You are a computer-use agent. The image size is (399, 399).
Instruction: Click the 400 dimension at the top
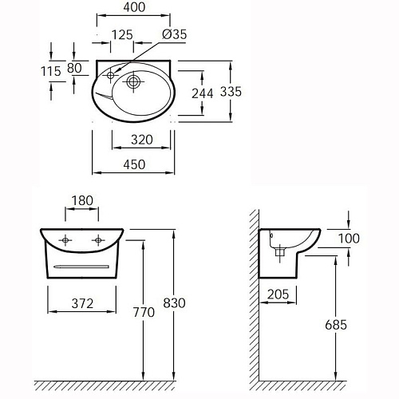pos(134,7)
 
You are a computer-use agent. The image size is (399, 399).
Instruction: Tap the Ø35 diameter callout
pos(175,34)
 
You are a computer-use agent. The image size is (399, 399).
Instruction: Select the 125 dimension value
pos(122,35)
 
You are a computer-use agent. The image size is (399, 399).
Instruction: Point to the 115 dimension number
pos(51,71)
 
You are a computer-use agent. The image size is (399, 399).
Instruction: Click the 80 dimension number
pos(74,68)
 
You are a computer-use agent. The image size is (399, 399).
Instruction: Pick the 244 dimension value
pos(203,93)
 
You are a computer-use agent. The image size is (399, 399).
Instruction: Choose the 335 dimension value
pos(231,92)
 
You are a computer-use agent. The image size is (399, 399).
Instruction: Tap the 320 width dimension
pos(142,140)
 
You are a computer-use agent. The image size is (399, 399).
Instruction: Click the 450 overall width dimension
pos(134,164)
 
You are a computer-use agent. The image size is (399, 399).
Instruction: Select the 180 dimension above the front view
pos(82,200)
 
